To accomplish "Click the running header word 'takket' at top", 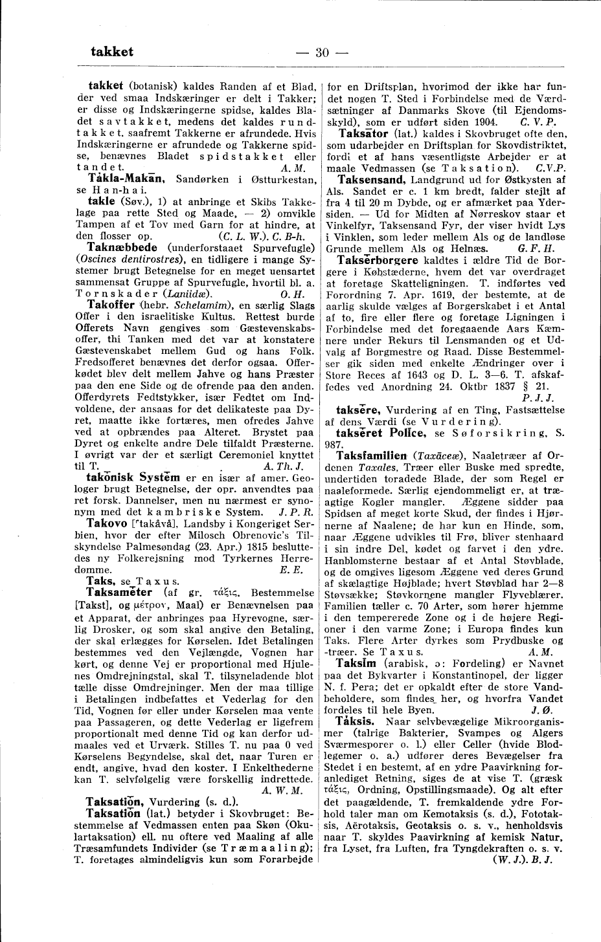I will (x=112, y=52).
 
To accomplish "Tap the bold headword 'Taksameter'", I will (x=119, y=592).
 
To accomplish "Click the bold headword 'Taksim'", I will (x=357, y=664).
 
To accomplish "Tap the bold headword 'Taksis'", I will (x=355, y=720).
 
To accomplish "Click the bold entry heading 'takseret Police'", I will (x=377, y=431).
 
